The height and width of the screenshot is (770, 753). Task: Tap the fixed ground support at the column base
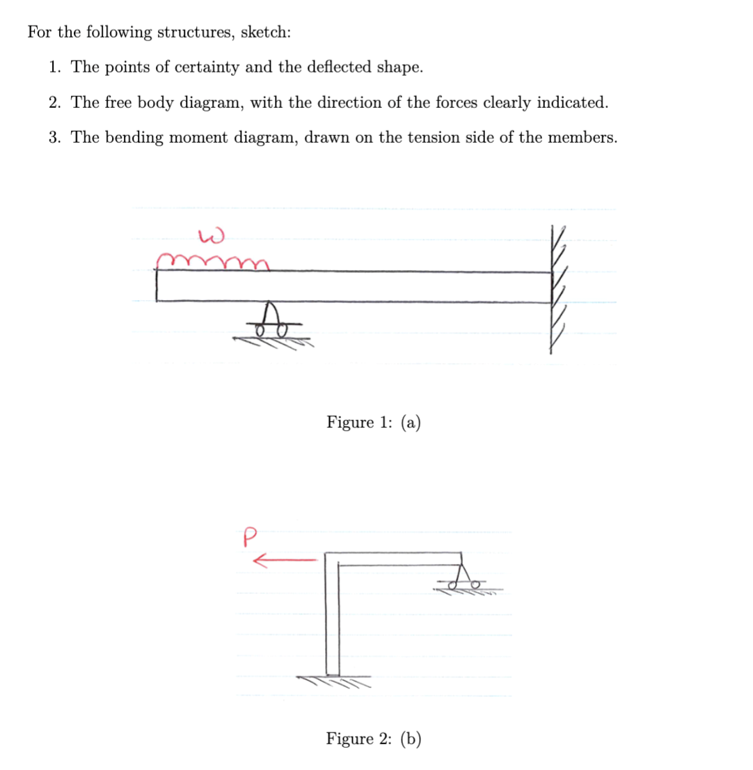click(333, 679)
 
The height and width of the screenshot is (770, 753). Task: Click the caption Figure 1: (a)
click(374, 423)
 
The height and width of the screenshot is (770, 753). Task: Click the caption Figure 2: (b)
click(374, 739)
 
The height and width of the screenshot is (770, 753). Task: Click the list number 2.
click(54, 102)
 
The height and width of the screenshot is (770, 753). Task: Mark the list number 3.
click(54, 137)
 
